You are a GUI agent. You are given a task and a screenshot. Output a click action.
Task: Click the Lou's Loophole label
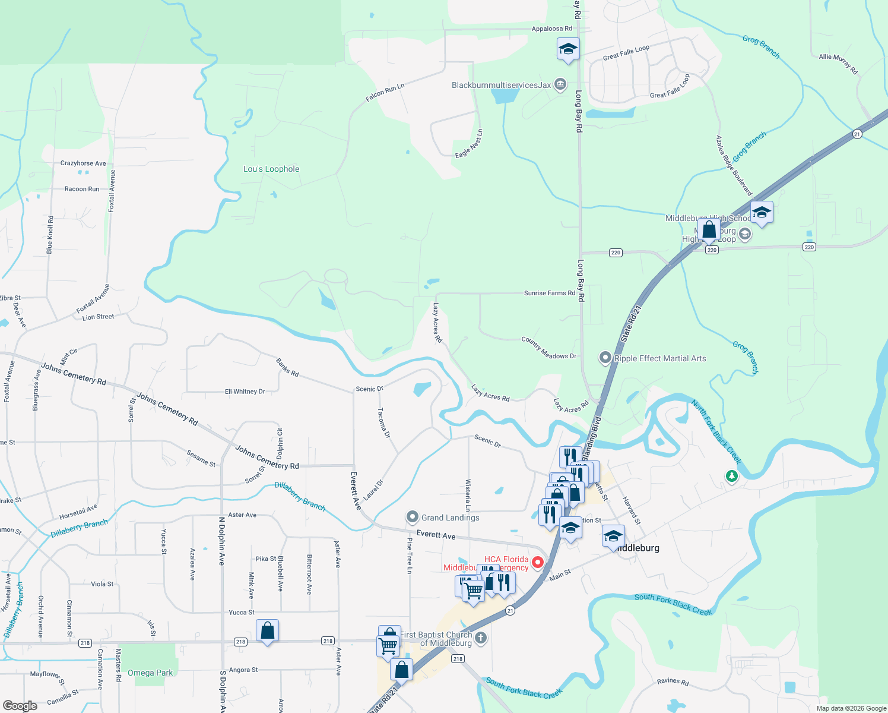271,169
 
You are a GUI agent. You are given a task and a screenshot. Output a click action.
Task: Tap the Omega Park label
150,673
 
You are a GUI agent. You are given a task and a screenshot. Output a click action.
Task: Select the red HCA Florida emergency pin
538,561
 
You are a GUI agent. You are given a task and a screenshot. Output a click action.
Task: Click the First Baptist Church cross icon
481,638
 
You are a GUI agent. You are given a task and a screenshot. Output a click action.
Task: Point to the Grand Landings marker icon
413,518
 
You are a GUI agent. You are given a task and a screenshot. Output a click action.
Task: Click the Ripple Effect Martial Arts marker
605,358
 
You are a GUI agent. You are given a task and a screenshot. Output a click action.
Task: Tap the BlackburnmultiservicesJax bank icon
560,84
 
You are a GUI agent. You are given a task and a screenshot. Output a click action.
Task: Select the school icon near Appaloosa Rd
568,49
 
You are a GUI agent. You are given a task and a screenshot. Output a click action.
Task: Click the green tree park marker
732,476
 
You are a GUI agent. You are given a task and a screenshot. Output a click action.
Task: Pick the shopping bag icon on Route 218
268,631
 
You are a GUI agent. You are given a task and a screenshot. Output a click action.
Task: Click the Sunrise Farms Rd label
550,293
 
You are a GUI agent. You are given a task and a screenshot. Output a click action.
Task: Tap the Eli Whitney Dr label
245,392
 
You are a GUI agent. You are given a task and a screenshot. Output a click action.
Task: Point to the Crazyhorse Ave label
83,163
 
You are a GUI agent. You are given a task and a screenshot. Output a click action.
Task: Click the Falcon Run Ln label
385,92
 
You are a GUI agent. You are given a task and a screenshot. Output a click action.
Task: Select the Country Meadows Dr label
548,348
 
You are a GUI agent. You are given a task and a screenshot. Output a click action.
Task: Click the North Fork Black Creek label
716,432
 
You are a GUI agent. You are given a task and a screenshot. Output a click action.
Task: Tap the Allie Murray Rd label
838,64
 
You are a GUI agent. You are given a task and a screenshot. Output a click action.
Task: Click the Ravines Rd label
673,682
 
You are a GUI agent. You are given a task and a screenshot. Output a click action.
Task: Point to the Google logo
20,706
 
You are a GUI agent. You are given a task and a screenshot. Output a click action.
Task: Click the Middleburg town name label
638,548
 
